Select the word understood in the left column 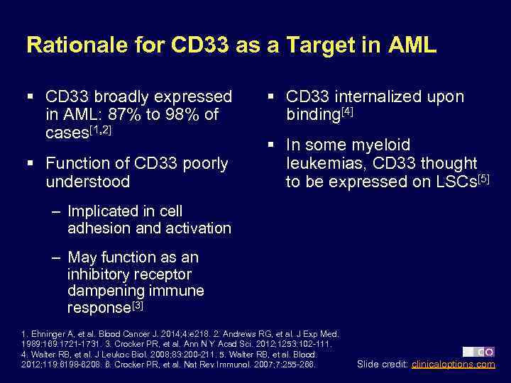pyautogui.click(x=87, y=182)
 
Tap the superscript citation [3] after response pyautogui.click(x=137, y=305)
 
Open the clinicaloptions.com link pyautogui.click(x=453, y=365)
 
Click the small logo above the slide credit pyautogui.click(x=478, y=351)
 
